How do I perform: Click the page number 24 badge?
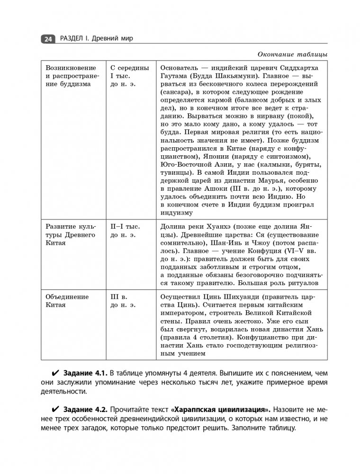point(48,39)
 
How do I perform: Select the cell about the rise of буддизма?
point(71,76)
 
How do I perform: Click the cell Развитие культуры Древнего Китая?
point(71,235)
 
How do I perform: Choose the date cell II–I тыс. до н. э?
point(126,231)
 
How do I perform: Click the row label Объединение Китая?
point(67,301)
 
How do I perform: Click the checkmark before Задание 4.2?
point(55,409)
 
